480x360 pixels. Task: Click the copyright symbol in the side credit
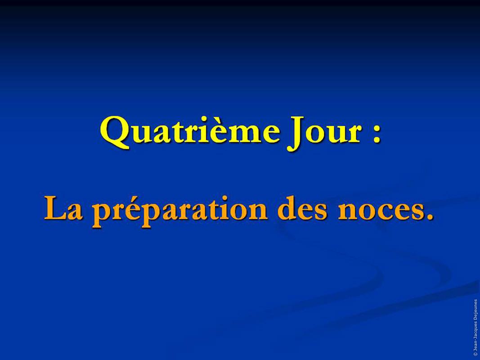click(x=476, y=354)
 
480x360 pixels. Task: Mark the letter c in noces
click(x=385, y=212)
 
